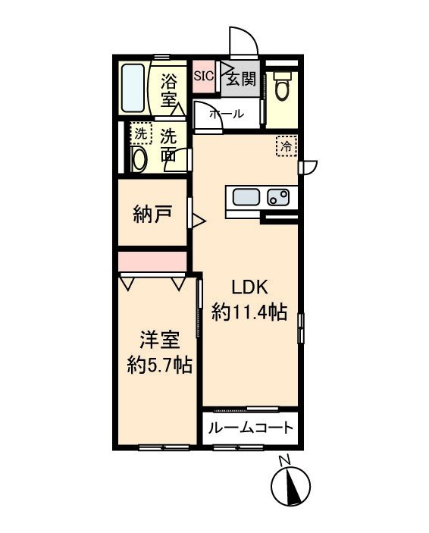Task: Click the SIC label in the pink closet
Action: [x=203, y=75]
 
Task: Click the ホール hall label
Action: [x=226, y=114]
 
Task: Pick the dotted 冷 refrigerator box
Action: [x=286, y=146]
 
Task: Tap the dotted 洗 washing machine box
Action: [x=140, y=133]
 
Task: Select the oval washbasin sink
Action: [x=139, y=158]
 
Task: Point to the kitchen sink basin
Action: [x=245, y=198]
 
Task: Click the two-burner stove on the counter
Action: [x=278, y=198]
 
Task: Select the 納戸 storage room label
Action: [x=152, y=214]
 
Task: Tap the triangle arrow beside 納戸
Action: [x=198, y=221]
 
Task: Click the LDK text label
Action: [x=250, y=287]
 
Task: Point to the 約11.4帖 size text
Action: [x=249, y=311]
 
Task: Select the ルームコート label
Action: [x=250, y=428]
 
